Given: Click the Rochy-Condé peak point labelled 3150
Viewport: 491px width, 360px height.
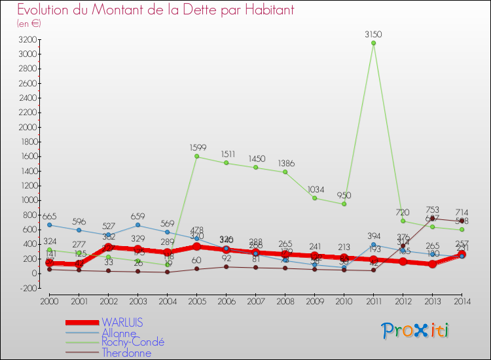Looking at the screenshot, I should [x=373, y=43].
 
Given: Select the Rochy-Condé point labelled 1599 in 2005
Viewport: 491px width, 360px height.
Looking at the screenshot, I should [x=196, y=156].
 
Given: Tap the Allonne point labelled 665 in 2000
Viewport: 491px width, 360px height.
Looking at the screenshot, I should [x=49, y=225].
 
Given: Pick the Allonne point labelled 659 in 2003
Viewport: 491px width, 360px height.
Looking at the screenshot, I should [x=137, y=225].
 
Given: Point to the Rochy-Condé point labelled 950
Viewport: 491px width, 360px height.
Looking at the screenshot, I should [x=344, y=204].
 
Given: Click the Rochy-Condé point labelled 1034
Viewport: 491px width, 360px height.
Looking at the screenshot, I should [x=314, y=198].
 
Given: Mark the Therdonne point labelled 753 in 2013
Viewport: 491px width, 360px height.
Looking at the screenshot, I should [x=432, y=218].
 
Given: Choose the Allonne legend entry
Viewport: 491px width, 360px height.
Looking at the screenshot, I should [x=119, y=333].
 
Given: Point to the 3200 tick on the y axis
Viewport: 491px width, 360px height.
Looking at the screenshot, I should [x=27, y=40].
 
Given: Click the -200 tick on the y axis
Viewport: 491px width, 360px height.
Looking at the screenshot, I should [x=27, y=288].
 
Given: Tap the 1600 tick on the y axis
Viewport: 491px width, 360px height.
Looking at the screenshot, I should [x=27, y=156].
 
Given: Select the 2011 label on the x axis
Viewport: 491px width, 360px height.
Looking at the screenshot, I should [x=373, y=301].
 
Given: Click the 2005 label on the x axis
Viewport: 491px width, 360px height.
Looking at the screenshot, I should [x=196, y=301].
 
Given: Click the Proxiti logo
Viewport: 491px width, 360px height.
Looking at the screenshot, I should [x=416, y=330].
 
